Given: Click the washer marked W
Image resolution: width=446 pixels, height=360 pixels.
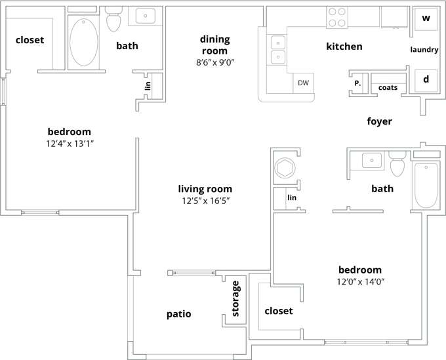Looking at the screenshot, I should (x=425, y=18).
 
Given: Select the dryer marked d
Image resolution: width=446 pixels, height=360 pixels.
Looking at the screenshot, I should (x=425, y=79).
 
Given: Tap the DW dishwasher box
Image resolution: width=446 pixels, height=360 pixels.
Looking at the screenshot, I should (x=303, y=83).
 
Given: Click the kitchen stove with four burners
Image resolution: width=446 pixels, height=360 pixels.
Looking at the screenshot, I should (x=336, y=17).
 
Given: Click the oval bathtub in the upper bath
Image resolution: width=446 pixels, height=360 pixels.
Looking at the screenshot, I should (x=83, y=42).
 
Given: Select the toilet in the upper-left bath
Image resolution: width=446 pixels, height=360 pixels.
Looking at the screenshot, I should (x=114, y=20).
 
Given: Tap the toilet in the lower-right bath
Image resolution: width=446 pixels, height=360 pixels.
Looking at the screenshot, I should (x=397, y=165).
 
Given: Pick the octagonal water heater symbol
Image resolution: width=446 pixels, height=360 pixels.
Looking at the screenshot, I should (x=285, y=167).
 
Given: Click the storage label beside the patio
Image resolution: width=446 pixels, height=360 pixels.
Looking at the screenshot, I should (x=237, y=298).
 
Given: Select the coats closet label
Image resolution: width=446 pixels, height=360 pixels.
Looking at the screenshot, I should (x=388, y=87).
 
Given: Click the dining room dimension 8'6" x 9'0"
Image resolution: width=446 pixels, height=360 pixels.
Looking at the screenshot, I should (x=214, y=63).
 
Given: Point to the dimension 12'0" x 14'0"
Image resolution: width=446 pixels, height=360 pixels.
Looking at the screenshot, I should (x=359, y=282).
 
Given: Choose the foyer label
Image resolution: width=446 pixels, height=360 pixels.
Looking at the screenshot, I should (x=379, y=121).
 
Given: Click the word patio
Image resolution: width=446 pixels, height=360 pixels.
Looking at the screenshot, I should (x=178, y=314).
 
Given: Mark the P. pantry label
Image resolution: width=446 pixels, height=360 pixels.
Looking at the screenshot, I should (x=357, y=83).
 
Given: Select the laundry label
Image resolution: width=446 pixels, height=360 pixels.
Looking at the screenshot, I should (x=424, y=50).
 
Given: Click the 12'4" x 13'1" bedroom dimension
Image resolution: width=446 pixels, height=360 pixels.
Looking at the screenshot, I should (x=69, y=144).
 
